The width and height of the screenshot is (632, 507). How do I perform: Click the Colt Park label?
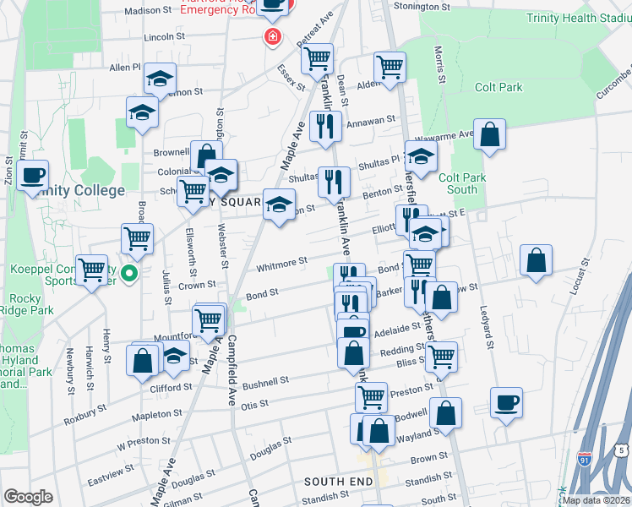tap(498, 87)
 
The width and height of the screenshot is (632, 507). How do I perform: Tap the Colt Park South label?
tap(461, 183)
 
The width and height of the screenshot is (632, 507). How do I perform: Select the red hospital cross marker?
tap(272, 36)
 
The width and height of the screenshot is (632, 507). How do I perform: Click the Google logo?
tap(28, 497)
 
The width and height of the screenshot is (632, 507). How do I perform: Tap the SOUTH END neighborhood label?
tap(338, 482)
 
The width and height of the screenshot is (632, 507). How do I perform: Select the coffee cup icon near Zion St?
tap(33, 176)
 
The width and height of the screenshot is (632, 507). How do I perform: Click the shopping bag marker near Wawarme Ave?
tap(489, 134)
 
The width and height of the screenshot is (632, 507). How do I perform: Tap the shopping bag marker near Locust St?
tap(536, 260)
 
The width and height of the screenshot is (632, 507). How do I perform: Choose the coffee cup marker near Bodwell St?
tap(506, 402)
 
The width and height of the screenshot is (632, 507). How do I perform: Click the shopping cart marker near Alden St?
tap(390, 67)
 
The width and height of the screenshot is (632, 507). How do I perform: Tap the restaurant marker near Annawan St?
tap(325, 126)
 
